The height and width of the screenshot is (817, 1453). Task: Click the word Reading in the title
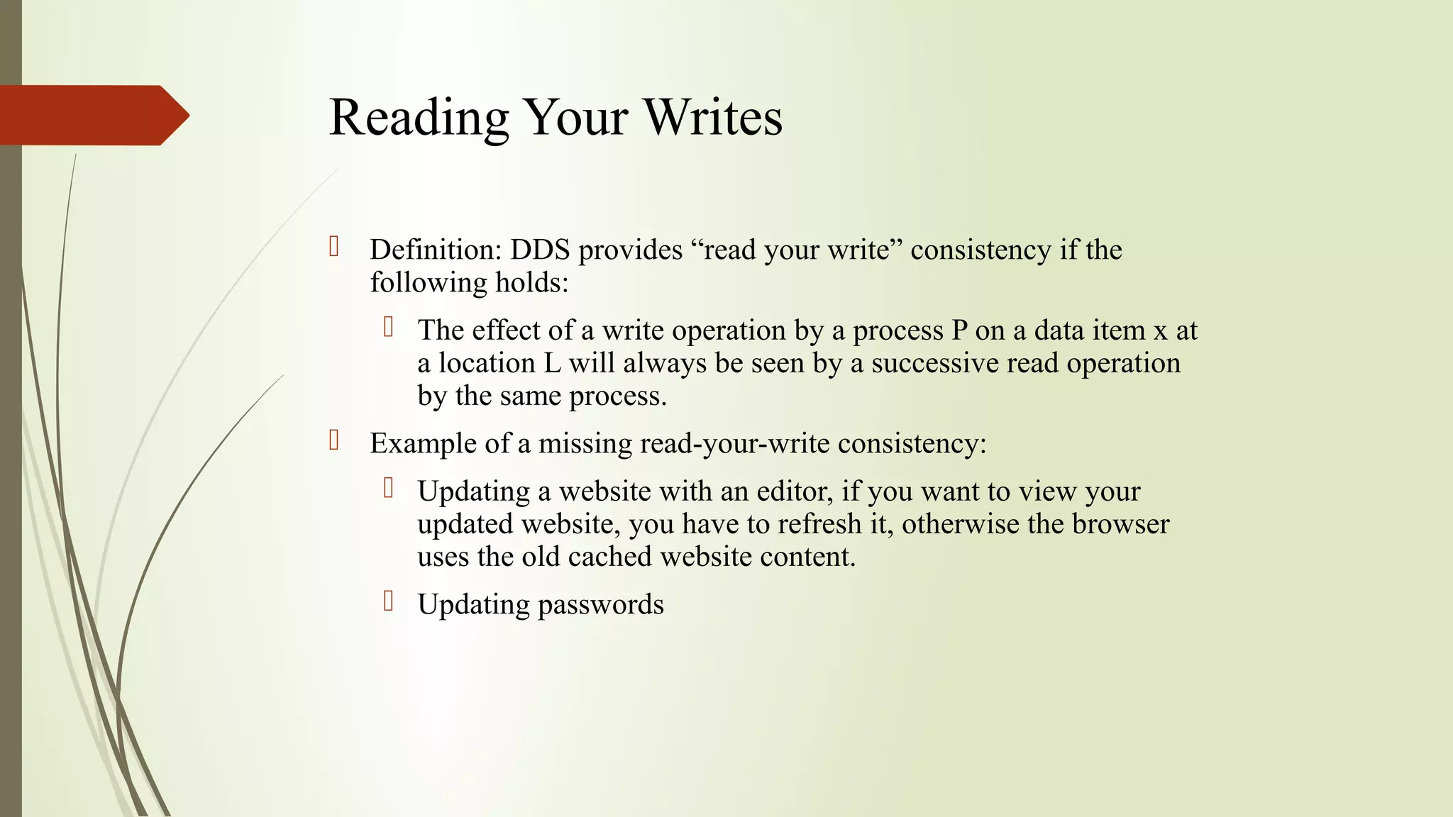pos(419,117)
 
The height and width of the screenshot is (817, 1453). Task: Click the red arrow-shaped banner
pos(92,115)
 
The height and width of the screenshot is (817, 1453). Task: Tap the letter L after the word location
pos(552,363)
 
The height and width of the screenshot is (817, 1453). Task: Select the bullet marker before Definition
pos(334,247)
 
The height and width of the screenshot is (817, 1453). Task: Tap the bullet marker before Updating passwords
pos(388,601)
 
